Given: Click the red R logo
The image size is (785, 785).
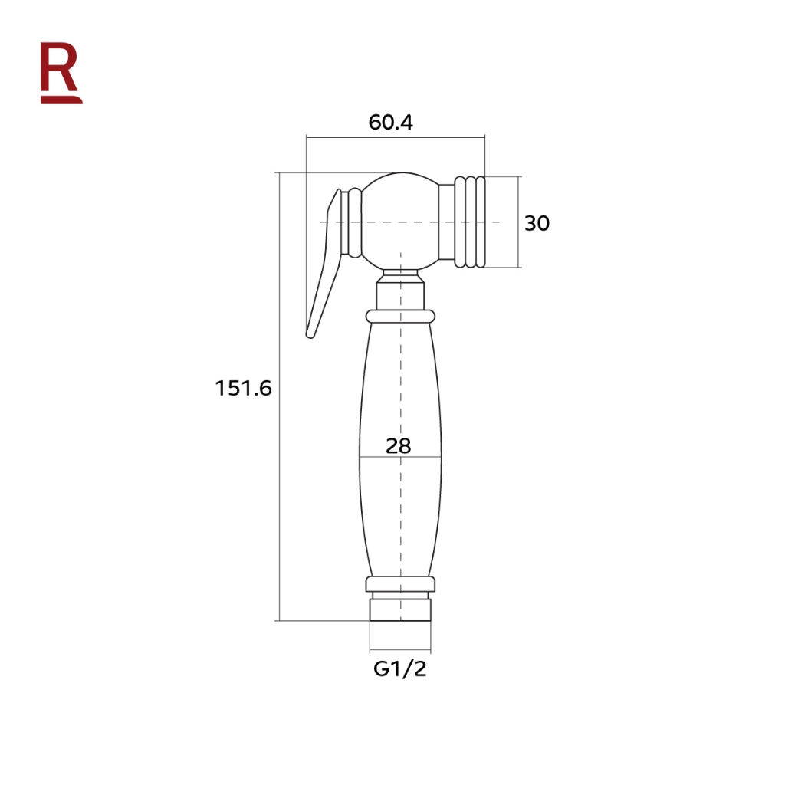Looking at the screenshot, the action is click(61, 73).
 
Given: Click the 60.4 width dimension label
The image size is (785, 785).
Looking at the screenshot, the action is click(390, 123).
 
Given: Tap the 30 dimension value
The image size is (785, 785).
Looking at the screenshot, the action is click(537, 223).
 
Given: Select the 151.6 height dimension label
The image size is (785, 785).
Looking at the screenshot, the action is click(243, 389).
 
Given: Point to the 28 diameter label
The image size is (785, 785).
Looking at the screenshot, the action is click(399, 445).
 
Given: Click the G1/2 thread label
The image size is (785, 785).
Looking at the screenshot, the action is click(400, 668).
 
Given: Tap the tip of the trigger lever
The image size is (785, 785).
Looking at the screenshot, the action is click(310, 334).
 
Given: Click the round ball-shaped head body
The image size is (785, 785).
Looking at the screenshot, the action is click(400, 222).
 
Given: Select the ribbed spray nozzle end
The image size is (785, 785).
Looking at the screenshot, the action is click(470, 222).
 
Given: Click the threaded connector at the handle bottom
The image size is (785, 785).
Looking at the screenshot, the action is click(400, 609).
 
